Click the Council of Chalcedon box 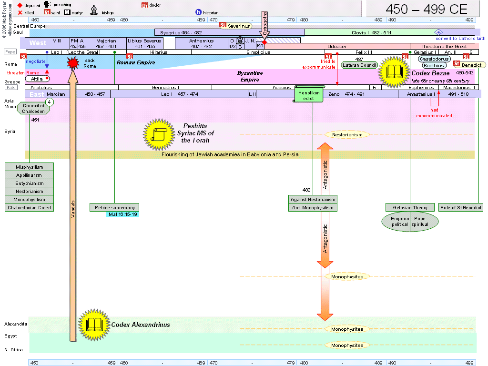[x=33, y=108]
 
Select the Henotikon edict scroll [x=310, y=95]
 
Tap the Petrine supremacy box [x=114, y=207]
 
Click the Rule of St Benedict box [x=461, y=207]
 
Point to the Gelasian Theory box [x=410, y=207]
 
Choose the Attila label [x=37, y=78]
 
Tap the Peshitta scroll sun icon [x=158, y=133]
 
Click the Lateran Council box [x=359, y=65]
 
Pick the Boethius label [x=434, y=66]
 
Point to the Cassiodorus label [x=434, y=59]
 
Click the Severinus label [x=238, y=25]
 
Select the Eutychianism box [x=30, y=183]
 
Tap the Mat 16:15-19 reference [x=122, y=214]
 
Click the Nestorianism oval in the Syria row [x=347, y=135]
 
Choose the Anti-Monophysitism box [x=313, y=207]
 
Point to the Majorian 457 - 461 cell [x=106, y=43]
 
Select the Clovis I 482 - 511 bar [x=365, y=32]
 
